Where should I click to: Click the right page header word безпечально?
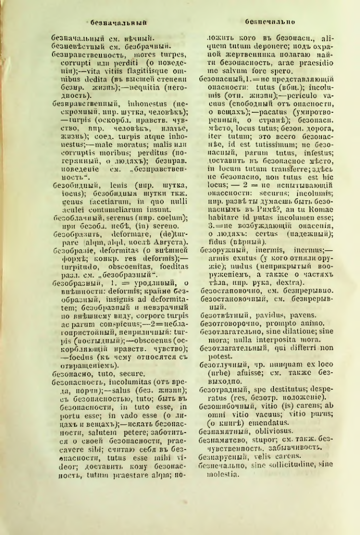266,23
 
